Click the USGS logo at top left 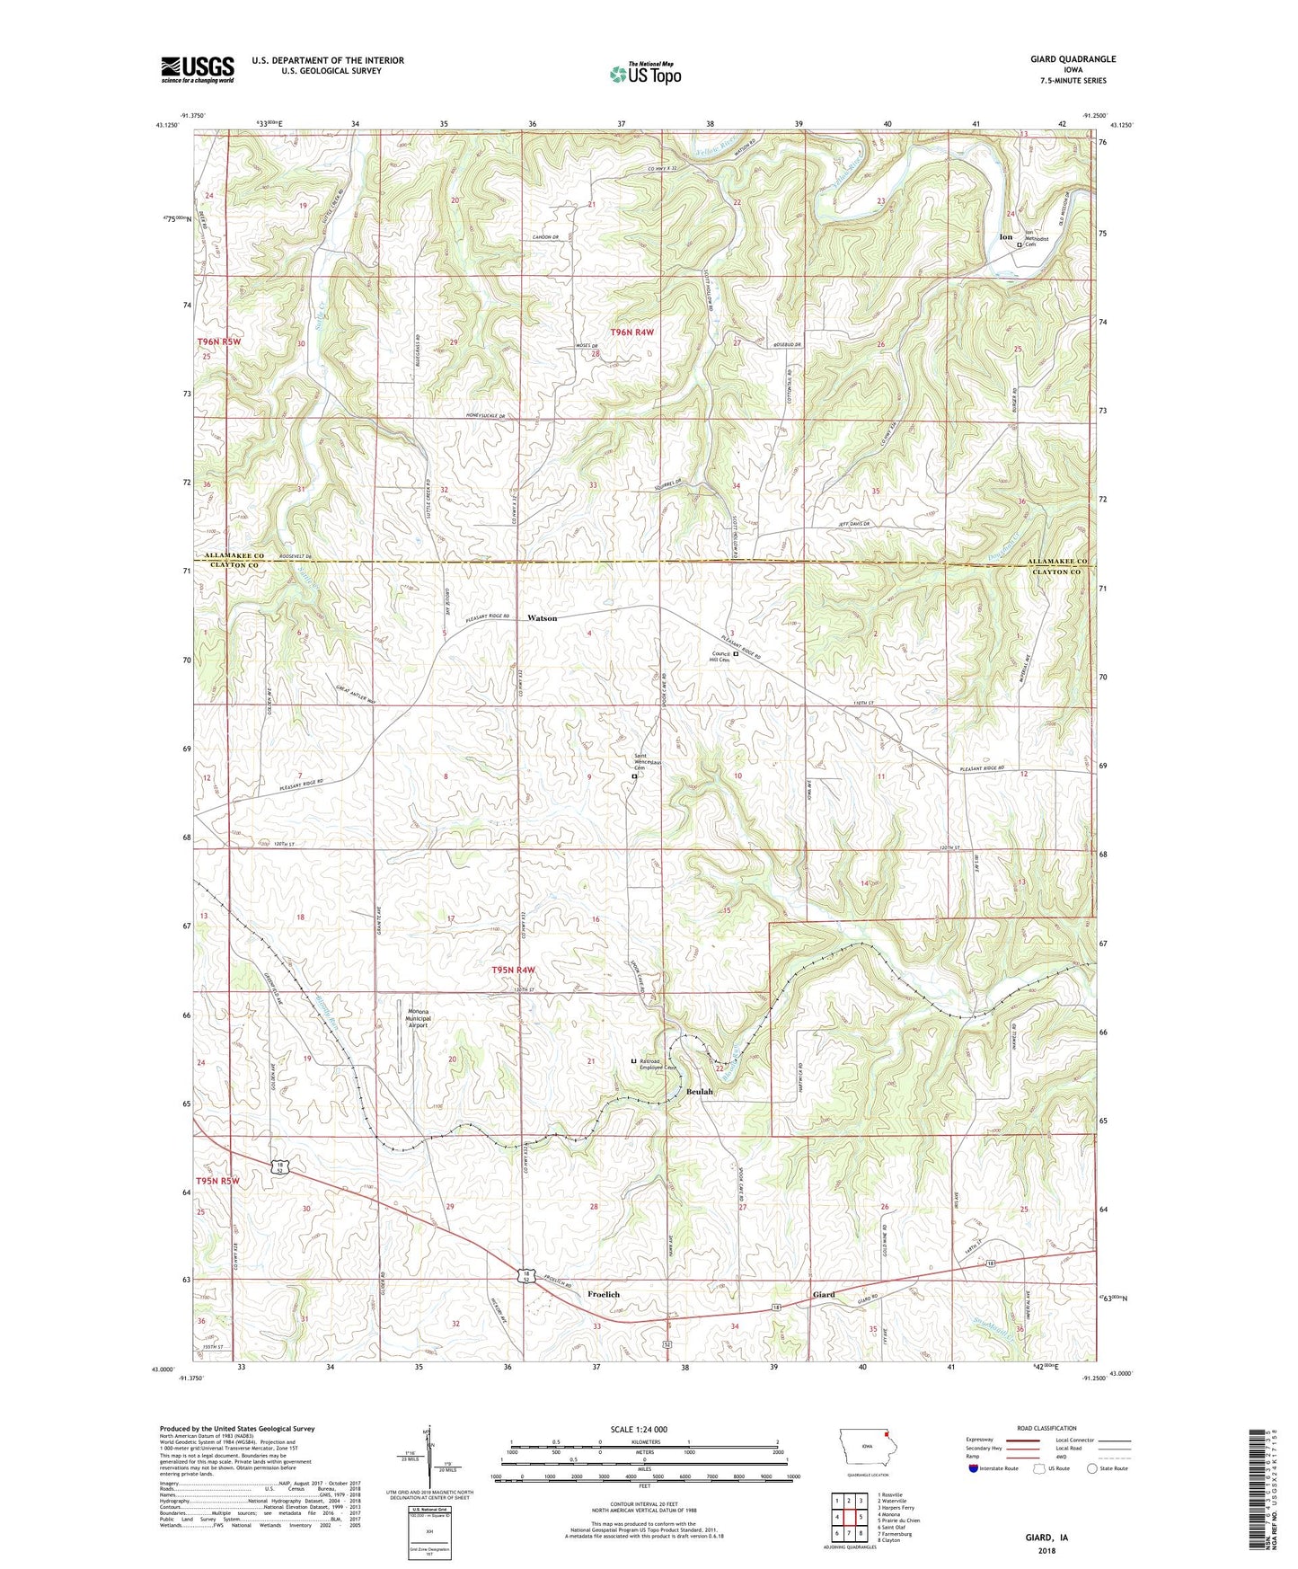pos(198,68)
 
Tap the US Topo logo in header pos(644,75)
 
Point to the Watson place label pos(543,618)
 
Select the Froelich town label pos(604,1294)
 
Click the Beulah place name pos(700,1092)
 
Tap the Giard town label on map pos(824,1295)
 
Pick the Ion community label pos(1006,237)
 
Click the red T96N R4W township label pos(632,332)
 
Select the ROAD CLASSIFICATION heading pos(1047,1428)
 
